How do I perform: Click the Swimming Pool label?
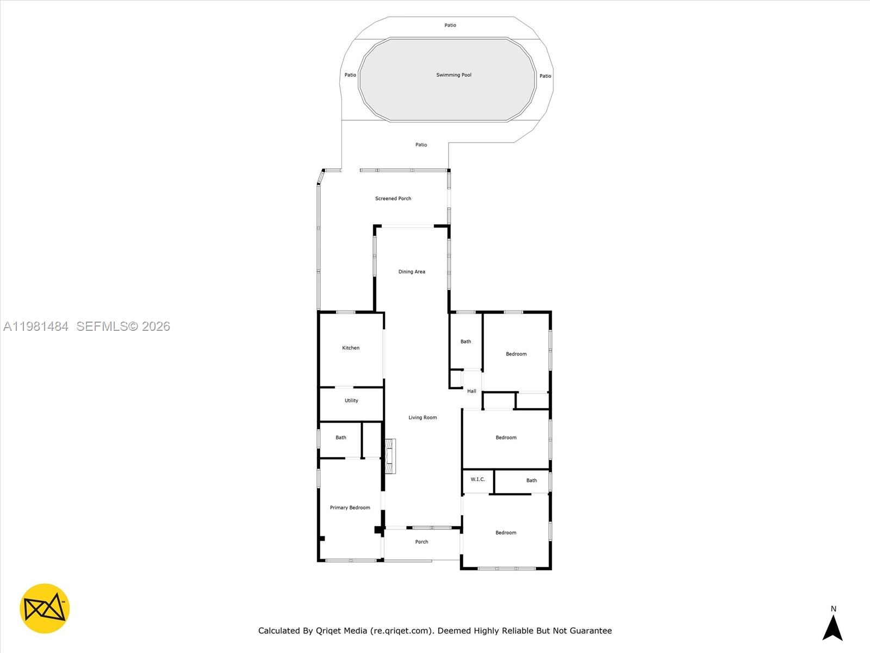(x=453, y=75)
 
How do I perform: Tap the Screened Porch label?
(x=393, y=199)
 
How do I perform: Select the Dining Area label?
(x=412, y=272)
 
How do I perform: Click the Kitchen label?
(x=351, y=348)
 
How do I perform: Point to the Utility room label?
(x=351, y=401)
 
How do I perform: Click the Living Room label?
(x=422, y=417)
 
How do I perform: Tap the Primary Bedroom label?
(x=350, y=508)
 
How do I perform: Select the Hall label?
(x=471, y=391)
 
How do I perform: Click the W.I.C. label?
(x=477, y=479)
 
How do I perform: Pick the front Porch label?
(x=421, y=542)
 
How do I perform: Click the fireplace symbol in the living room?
(x=390, y=456)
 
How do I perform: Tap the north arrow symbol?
(x=832, y=627)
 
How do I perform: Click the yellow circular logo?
(x=45, y=608)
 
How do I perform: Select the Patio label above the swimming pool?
(x=450, y=25)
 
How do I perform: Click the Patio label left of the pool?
(x=350, y=75)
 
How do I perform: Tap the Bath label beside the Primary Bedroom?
(x=341, y=438)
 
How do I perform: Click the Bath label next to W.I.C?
(x=531, y=480)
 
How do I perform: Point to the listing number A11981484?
(x=36, y=326)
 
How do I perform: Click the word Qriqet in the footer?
(x=341, y=631)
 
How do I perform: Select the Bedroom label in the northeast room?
(x=516, y=354)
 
